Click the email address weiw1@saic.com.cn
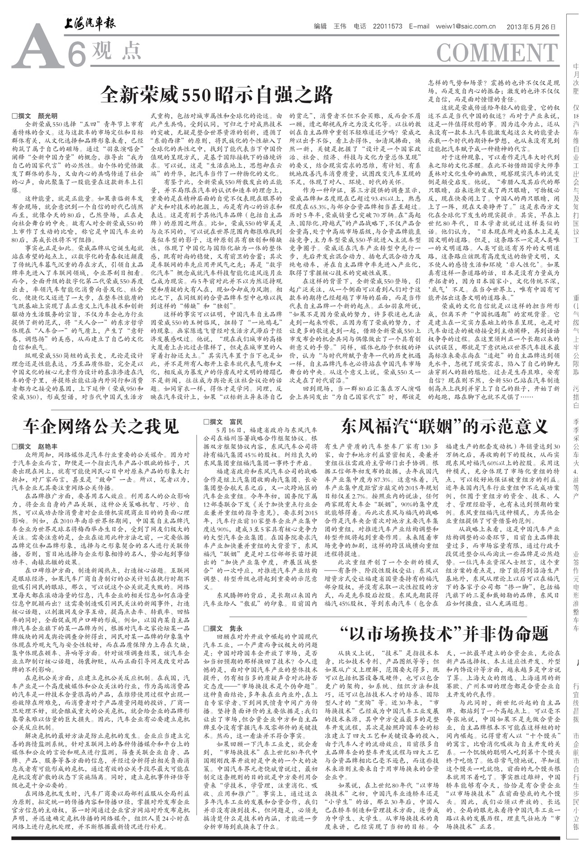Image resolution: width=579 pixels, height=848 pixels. pyautogui.click(x=466, y=26)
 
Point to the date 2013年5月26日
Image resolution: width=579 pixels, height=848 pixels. pyautogui.click(x=531, y=26)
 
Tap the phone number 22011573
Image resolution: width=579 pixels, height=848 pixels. pyautogui.click(x=388, y=26)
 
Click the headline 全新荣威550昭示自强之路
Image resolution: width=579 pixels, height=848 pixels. pyautogui.click(x=217, y=94)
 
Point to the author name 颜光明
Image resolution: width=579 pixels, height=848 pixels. pyautogui.click(x=48, y=116)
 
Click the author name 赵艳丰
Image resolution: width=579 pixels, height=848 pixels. pyautogui.click(x=48, y=446)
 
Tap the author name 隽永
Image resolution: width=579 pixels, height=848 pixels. pyautogui.click(x=237, y=629)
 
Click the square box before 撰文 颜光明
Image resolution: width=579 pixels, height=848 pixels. pyautogui.click(x=14, y=116)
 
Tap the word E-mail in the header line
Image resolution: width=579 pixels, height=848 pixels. pyautogui.click(x=419, y=26)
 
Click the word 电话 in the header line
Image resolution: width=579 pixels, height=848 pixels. pyautogui.click(x=360, y=26)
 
